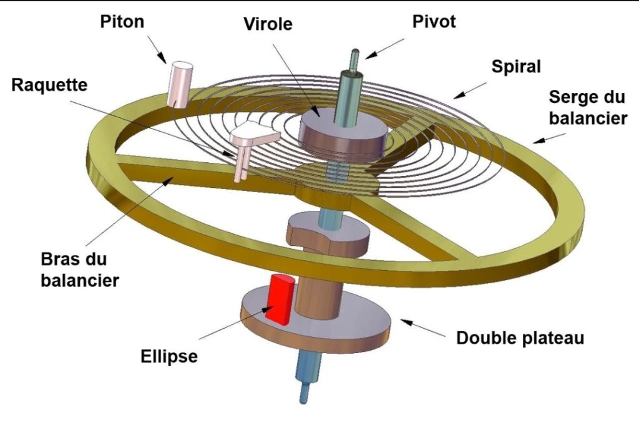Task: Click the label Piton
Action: tap(122, 22)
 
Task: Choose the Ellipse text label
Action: tap(168, 356)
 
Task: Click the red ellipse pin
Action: tap(280, 299)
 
